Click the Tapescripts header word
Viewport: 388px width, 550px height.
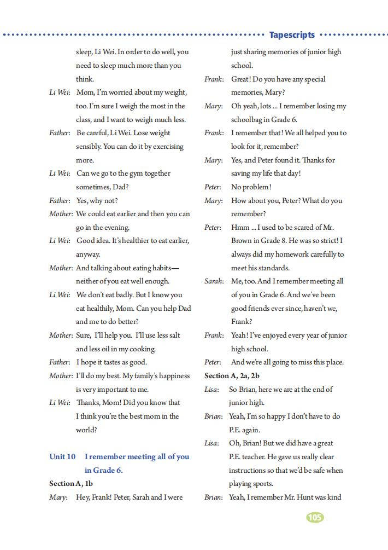pyautogui.click(x=292, y=35)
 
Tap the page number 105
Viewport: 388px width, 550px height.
pyautogui.click(x=315, y=517)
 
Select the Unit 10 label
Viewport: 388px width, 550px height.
pyautogui.click(x=62, y=457)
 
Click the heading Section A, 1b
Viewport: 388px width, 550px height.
pyautogui.click(x=71, y=484)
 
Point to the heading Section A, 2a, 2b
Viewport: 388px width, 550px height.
pyautogui.click(x=232, y=376)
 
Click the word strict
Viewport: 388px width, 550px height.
pyautogui.click(x=328, y=241)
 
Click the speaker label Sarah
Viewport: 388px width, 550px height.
pyautogui.click(x=214, y=281)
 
